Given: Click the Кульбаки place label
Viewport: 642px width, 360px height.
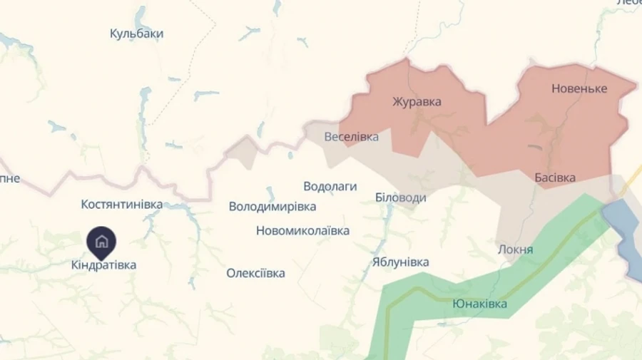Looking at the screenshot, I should (137, 34).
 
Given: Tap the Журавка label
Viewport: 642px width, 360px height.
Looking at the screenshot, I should (417, 101).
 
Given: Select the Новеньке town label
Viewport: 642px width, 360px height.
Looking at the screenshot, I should (579, 88).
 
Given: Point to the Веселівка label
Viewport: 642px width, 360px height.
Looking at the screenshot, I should (351, 136).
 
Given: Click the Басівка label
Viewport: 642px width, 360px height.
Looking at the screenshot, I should (555, 177).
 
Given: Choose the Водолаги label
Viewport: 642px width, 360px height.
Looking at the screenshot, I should (330, 186).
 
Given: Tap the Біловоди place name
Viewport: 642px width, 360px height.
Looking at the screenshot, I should (401, 197).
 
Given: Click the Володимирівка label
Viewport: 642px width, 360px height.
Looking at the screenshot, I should (272, 207).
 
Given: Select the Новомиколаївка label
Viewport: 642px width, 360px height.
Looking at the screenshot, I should (302, 230).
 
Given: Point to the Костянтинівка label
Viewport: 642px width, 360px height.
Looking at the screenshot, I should (122, 205).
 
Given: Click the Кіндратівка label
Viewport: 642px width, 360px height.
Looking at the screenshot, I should (103, 264).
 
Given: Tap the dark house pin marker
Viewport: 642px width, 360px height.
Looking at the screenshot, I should (101, 241).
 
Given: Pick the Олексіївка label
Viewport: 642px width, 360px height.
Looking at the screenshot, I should (255, 273).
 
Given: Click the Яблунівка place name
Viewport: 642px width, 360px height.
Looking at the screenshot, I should (401, 262).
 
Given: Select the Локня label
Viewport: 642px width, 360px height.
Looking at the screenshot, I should (515, 250).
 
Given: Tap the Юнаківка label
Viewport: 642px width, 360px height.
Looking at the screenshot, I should (480, 304).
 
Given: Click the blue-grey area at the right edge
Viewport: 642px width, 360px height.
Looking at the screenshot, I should (621, 228).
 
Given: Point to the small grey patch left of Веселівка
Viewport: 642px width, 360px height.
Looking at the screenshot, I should (243, 152).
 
